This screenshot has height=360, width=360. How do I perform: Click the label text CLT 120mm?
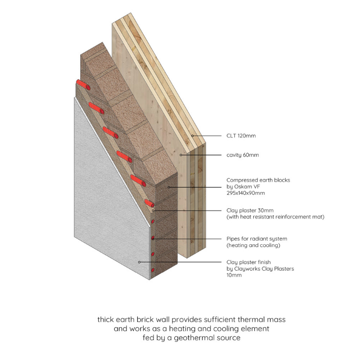(241, 136)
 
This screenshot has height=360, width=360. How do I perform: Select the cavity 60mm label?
(243, 155)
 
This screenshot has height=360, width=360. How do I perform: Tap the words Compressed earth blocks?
(258, 180)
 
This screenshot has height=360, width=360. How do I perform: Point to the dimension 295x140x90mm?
(245, 193)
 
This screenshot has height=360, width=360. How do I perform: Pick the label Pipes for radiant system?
(256, 239)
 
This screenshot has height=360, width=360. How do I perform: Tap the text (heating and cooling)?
(253, 246)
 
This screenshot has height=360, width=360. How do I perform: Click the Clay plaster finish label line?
(249, 262)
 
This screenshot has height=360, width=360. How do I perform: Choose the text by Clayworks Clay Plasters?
(260, 269)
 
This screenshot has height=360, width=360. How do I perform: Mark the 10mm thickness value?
(234, 275)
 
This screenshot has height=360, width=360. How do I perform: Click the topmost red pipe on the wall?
(83, 85)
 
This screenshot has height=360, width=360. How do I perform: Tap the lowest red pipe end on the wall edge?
(153, 270)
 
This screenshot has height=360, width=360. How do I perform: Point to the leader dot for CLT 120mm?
(192, 136)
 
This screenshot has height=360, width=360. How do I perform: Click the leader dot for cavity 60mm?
(181, 155)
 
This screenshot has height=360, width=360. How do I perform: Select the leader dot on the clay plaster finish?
(139, 262)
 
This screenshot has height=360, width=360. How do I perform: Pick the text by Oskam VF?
(243, 186)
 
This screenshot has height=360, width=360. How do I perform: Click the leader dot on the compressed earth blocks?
(169, 187)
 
